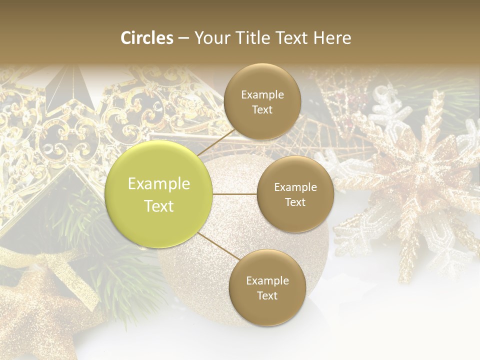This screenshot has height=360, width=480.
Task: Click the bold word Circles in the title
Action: coord(146,38)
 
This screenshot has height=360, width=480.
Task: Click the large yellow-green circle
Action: coord(159,194)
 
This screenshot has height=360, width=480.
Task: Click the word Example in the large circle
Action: coord(159,184)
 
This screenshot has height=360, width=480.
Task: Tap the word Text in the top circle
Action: coord(262,110)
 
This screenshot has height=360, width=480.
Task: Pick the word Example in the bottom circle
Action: coord(267,280)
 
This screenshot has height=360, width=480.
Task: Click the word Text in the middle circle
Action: coord(295,202)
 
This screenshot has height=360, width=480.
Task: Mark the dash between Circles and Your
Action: coord(183,38)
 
